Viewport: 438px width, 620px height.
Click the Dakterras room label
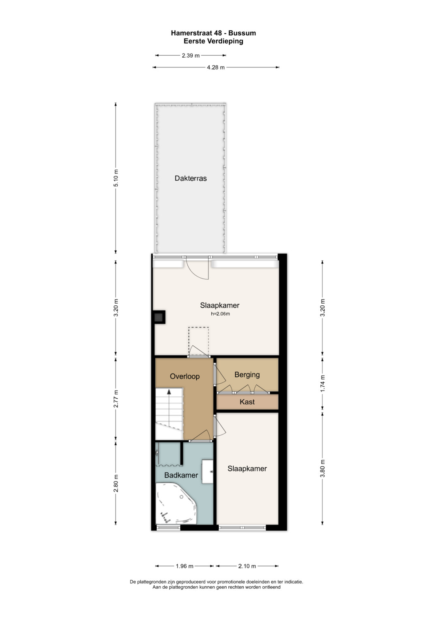pos(191,178)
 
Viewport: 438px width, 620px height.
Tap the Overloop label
pos(185,376)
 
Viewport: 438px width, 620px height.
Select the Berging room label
pos(247,375)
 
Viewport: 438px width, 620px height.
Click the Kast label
pos(247,402)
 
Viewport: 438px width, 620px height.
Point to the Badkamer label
pos(181,475)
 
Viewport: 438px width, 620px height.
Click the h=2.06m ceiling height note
pos(220,314)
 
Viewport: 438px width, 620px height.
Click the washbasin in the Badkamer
pos(207,471)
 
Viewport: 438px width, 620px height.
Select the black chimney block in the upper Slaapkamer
pos(159,317)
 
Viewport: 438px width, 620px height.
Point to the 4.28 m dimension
pos(216,67)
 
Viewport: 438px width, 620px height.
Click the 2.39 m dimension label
pos(191,55)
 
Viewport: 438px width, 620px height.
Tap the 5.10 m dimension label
pos(116,178)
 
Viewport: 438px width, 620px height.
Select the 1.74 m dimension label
pos(322,383)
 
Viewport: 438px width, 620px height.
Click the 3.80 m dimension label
pos(322,468)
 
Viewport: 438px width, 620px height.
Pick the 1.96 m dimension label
pos(185,566)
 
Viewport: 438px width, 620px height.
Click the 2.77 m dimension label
pos(116,399)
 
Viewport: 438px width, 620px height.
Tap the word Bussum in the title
pos(242,33)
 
